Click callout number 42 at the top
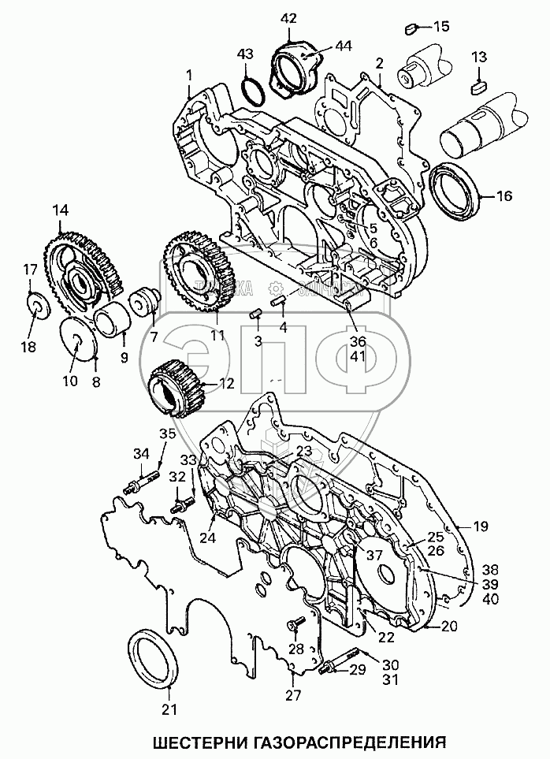click(x=288, y=17)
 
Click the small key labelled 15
click(x=410, y=29)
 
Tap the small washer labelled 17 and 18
click(x=35, y=304)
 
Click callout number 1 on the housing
click(x=189, y=75)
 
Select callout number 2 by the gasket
click(x=379, y=62)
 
